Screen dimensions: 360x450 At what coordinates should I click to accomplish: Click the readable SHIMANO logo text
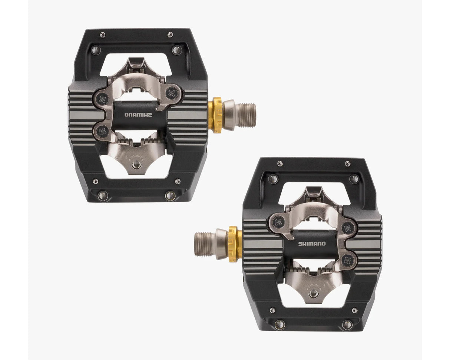point(312,244)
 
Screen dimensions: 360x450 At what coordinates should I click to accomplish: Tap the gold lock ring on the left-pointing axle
point(235,244)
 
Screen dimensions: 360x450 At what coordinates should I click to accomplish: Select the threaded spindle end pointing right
point(246,115)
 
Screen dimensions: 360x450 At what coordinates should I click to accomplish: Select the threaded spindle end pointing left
point(204,244)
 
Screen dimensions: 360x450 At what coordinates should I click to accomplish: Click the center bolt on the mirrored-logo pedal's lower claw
point(137,165)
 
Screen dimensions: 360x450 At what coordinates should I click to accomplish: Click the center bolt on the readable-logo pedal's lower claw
point(314,294)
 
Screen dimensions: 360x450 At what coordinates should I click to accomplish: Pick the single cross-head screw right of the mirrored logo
point(172,93)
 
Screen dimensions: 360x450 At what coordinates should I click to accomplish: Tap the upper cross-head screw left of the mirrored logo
point(103,99)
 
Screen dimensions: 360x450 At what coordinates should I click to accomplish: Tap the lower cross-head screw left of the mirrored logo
point(103,131)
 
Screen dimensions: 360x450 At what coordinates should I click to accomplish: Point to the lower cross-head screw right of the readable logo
point(347,260)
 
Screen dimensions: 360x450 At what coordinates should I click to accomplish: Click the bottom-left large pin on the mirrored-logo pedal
point(103,195)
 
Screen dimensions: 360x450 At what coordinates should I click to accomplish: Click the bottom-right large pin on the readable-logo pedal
point(347,325)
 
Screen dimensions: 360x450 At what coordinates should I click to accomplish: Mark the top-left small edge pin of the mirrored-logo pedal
point(102,34)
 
